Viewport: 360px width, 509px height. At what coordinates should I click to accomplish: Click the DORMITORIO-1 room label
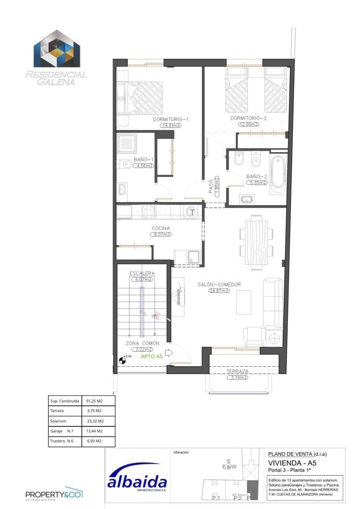pos(171,119)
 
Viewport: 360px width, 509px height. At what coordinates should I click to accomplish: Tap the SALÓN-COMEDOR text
pos(219,285)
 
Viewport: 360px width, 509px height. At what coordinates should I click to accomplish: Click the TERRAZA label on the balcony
pos(237,371)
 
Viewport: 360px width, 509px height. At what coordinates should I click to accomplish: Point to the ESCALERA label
pos(142,273)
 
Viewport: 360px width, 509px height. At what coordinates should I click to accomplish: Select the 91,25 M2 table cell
pos(95,400)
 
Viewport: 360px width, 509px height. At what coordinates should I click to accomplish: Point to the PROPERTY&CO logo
pos(54,494)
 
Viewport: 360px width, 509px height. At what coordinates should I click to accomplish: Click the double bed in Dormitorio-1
pos(140,98)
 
